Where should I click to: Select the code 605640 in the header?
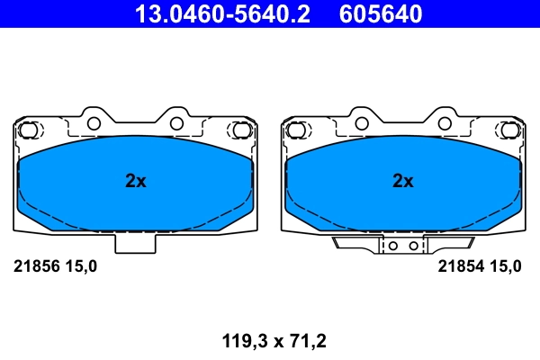point(380,13)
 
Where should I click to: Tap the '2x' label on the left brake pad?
point(135,181)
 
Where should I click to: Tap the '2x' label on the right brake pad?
point(403,181)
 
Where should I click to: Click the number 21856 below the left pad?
point(35,265)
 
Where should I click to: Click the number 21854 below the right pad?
point(459,265)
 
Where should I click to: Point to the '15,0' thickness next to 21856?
point(79,265)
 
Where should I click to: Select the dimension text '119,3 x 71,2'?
point(274,340)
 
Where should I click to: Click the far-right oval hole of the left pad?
point(241,130)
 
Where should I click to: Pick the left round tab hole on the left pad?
point(93,123)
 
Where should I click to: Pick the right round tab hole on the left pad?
point(176,123)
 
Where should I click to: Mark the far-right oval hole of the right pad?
point(509,130)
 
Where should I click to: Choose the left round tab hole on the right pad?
point(361,123)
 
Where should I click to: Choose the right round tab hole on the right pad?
point(445,123)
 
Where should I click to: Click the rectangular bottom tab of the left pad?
point(134,241)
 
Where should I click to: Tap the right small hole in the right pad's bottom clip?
point(413,245)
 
